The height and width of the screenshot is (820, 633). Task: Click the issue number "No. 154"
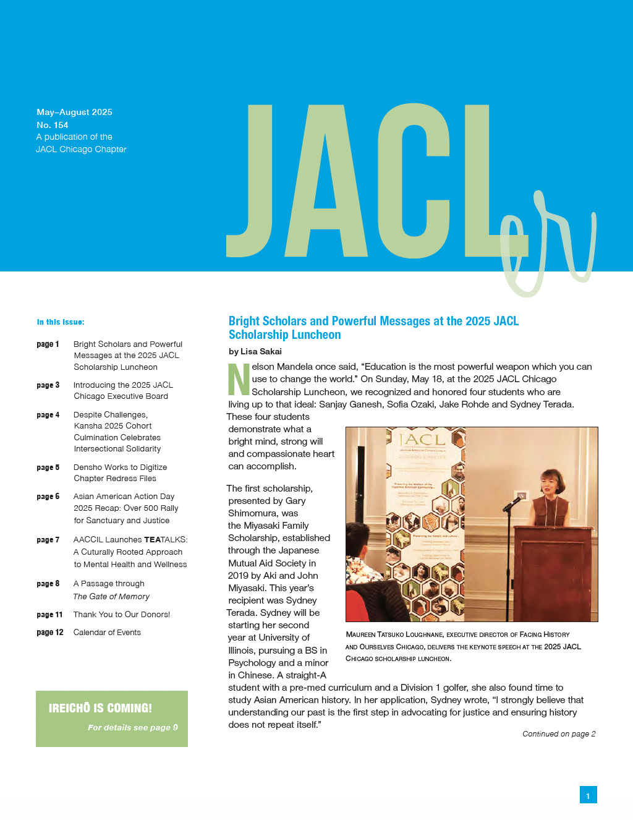point(53,125)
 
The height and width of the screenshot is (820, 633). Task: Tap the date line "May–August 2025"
point(74,112)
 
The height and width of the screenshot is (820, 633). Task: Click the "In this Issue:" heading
point(61,322)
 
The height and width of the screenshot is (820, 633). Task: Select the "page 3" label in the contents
point(48,385)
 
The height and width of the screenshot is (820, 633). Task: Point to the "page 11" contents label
point(49,615)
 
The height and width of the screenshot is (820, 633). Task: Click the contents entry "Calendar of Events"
point(107,633)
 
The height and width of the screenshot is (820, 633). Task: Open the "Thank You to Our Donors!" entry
point(121,615)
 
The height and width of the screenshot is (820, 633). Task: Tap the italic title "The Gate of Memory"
point(111,597)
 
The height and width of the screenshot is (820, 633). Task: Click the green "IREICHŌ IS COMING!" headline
point(100,708)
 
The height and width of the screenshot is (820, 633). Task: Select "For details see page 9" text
point(132,728)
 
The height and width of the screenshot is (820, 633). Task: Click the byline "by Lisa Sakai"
point(255,351)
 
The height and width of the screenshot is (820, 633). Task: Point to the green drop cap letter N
point(239,379)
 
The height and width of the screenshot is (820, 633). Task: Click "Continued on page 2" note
point(559,734)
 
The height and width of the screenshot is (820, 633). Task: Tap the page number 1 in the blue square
point(588,796)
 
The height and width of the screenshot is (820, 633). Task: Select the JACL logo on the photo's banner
point(422,440)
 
